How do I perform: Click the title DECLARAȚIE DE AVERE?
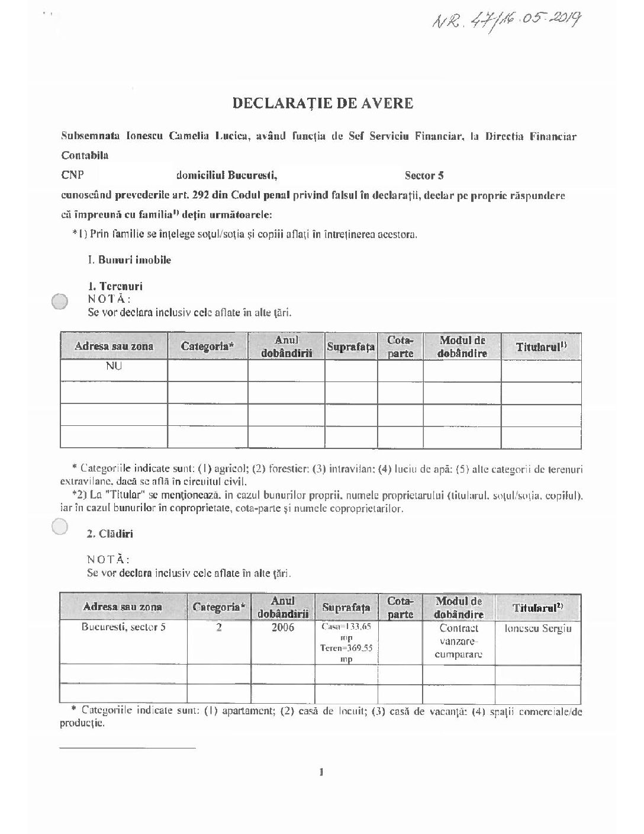322,103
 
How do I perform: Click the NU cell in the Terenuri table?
114,367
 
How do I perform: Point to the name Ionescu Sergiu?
538,628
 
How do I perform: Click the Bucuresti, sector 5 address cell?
123,628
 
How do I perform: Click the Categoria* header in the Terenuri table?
207,347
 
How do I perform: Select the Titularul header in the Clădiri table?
538,607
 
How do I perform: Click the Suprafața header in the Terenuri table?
351,347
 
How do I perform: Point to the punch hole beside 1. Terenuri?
60,301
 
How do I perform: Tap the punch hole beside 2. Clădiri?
60,526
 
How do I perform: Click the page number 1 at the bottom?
321,771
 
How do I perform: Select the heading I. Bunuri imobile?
129,260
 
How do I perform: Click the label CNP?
72,175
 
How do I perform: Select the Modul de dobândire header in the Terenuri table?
462,347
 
